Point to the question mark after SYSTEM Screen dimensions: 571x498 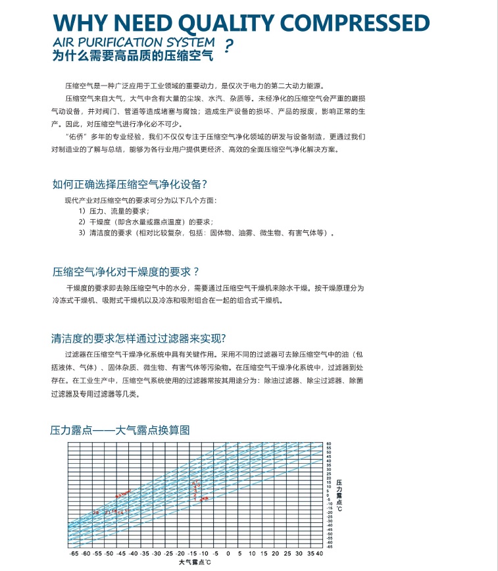click(228, 47)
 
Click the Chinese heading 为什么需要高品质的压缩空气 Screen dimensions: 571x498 click(132, 57)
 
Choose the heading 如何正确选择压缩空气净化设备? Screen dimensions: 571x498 click(134, 184)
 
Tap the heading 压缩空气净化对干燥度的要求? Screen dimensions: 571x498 click(126, 272)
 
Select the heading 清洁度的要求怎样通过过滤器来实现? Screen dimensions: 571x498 click(139, 339)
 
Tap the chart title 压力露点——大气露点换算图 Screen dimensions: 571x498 click(120, 431)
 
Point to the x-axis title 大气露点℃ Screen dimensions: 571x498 click(194, 563)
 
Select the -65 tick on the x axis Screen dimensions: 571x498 click(74, 554)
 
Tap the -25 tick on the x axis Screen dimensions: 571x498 click(169, 554)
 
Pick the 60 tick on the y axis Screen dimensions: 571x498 click(328, 444)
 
